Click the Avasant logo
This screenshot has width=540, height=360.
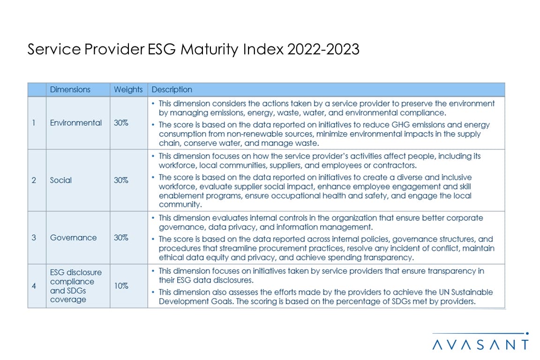coord(480,341)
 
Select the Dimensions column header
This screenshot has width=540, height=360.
coord(70,90)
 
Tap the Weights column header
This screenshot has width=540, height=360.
coord(128,90)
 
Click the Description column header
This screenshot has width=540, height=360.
coord(172,90)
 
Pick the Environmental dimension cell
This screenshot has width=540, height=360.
coord(76,123)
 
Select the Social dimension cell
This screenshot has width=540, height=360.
coord(60,180)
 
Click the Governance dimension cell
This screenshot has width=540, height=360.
coord(73,238)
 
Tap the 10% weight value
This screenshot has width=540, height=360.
coord(121,286)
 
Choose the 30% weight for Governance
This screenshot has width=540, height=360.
coord(121,238)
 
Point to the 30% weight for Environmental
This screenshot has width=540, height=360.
coord(121,123)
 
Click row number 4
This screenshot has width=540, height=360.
coord(34,286)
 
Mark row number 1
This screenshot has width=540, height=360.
coord(33,123)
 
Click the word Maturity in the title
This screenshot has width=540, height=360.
coord(210,49)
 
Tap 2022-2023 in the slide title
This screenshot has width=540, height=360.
coord(323,49)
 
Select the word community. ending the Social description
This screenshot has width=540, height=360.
coord(180,204)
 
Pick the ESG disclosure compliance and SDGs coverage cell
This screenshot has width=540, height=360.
coord(76,286)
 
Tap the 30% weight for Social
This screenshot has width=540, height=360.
coord(121,180)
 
